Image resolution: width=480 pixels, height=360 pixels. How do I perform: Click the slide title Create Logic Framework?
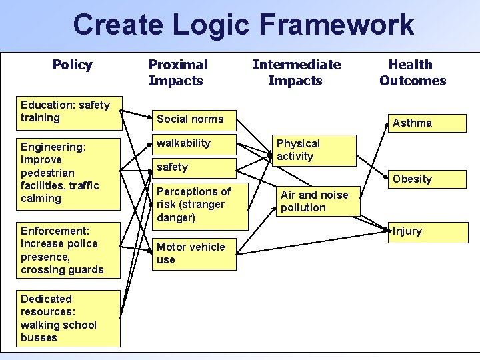pyautogui.click(x=243, y=25)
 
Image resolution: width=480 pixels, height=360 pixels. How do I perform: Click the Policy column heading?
pyautogui.click(x=72, y=65)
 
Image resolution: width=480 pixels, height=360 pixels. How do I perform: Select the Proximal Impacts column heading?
pyautogui.click(x=177, y=73)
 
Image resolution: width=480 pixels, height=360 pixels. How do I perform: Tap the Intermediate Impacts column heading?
pyautogui.click(x=296, y=73)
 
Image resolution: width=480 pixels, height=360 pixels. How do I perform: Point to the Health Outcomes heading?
pyautogui.click(x=412, y=73)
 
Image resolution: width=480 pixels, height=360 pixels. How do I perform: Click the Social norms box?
pyautogui.click(x=194, y=119)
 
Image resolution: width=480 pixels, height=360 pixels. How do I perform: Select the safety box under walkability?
pyautogui.click(x=194, y=167)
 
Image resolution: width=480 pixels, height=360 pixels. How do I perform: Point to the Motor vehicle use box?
pyautogui.click(x=194, y=253)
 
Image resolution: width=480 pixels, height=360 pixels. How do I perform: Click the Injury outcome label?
pyautogui.click(x=407, y=231)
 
